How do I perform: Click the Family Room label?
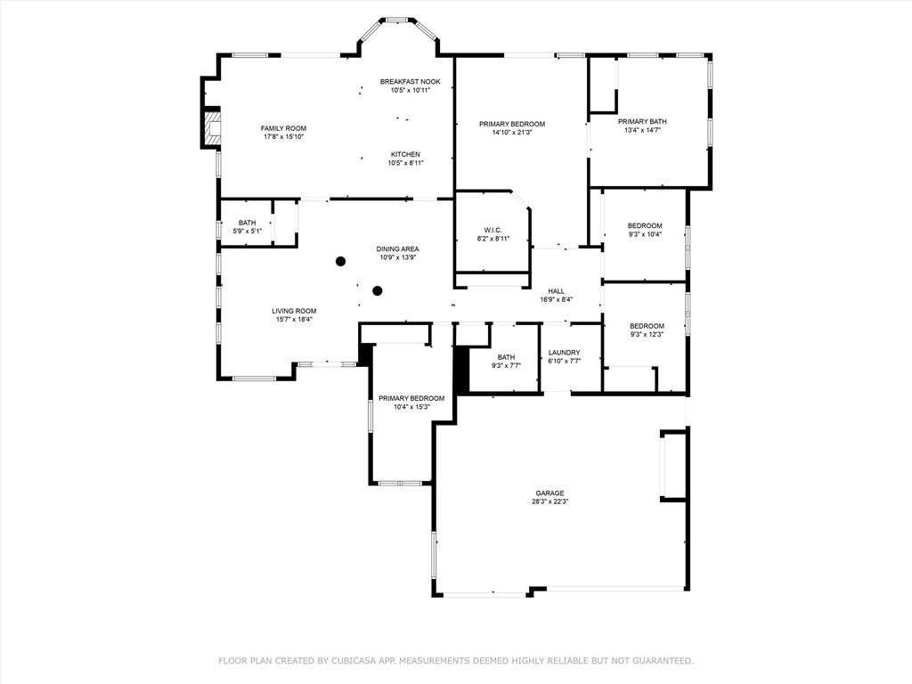pos(283,128)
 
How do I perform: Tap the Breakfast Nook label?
pos(410,82)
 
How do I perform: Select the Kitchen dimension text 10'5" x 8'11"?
pos(405,163)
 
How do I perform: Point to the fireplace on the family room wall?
pos(212,128)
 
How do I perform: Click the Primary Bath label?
pos(642,121)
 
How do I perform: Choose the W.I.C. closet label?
pos(493,230)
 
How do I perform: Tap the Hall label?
pos(556,291)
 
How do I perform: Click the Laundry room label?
pos(564,353)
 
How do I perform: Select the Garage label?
pos(550,493)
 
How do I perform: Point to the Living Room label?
pos(294,311)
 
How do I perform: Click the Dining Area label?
pos(397,249)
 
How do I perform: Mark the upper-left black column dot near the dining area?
pos(341,261)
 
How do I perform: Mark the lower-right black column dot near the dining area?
pos(378,290)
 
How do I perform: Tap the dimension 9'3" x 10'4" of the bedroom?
pos(645,234)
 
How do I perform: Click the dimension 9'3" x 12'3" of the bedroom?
pos(647,335)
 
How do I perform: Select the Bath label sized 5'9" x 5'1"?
pos(248,223)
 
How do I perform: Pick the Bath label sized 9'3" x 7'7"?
pos(506,357)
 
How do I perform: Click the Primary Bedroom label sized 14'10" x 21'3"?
pos(512,124)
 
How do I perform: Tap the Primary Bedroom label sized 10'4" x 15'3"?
pos(411,398)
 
